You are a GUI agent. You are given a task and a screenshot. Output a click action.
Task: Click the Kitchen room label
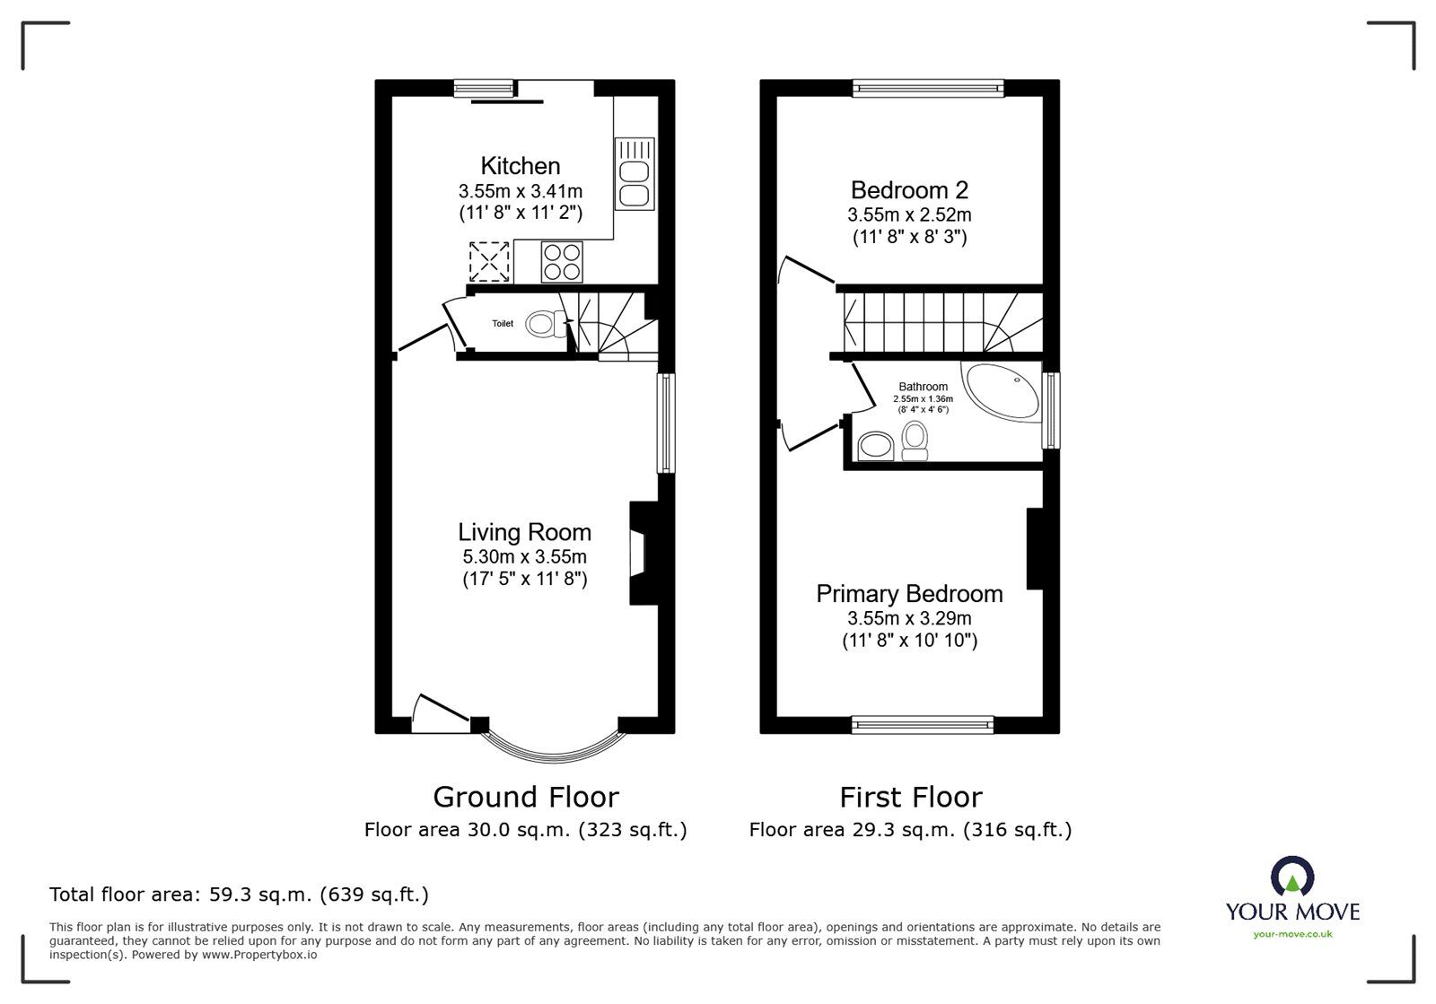point(521,166)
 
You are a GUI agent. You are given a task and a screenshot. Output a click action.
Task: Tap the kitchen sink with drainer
point(635,174)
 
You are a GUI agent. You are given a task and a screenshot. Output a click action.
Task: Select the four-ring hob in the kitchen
point(562,261)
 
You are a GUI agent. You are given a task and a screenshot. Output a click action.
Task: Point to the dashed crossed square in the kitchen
point(489,261)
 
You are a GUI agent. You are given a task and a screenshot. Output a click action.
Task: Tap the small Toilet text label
point(503,324)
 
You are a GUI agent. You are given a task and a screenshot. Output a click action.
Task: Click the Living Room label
point(524,532)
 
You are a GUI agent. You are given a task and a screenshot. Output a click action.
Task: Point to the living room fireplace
point(644,553)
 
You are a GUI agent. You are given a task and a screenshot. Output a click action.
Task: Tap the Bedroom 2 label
point(909,190)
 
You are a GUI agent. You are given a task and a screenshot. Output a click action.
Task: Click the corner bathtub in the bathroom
point(1002,391)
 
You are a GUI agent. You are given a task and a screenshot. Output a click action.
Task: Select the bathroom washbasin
point(876,446)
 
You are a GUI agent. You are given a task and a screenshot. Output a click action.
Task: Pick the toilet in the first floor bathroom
point(915,441)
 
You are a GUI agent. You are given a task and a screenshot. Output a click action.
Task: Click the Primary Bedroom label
point(909,594)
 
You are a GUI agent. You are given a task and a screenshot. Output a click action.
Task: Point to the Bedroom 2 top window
point(928,88)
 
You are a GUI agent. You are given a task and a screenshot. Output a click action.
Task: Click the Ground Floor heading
point(526,797)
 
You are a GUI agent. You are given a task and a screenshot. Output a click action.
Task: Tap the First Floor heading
point(910,797)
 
